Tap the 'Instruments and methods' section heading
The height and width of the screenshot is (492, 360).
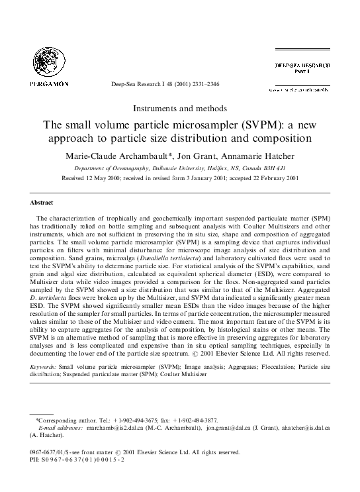tap(180, 108)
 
